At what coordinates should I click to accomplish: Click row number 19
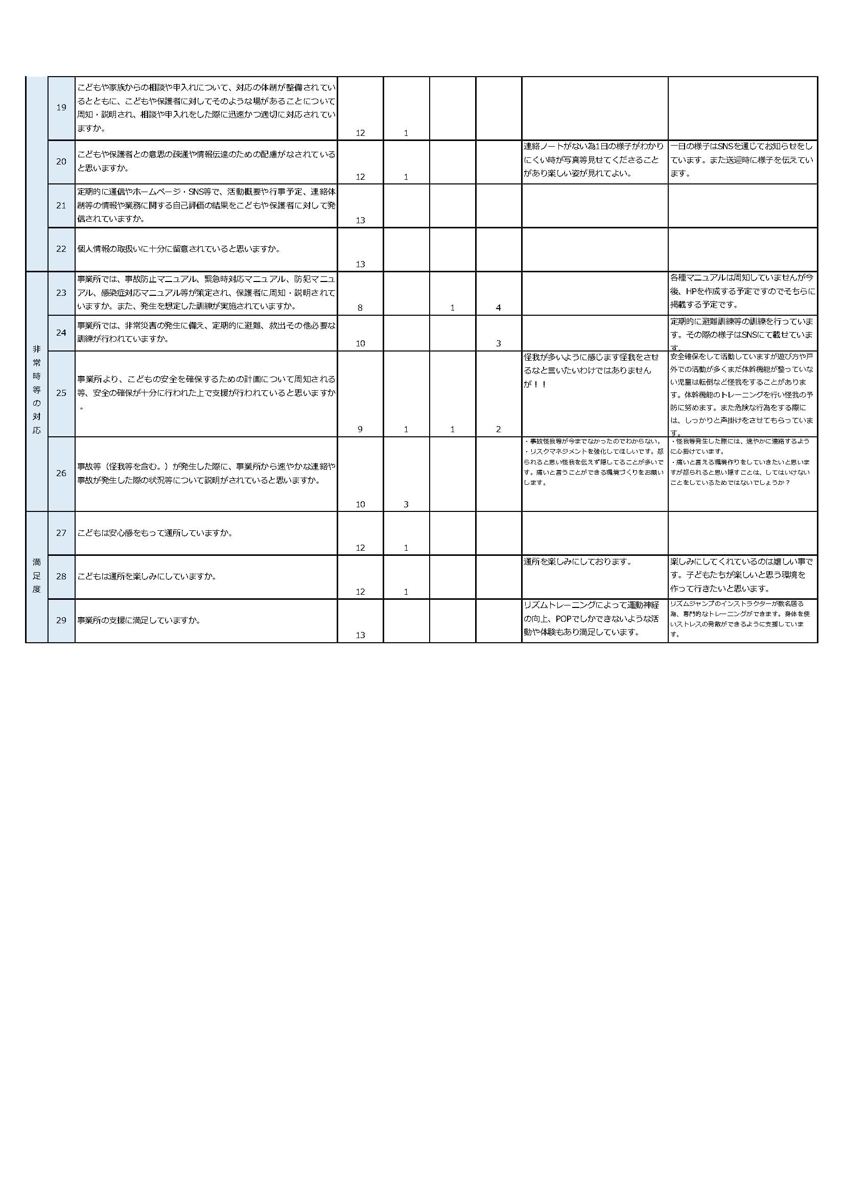click(x=61, y=108)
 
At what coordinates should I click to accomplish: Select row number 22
click(x=61, y=249)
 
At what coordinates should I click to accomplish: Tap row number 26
click(x=61, y=474)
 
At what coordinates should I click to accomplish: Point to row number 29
click(x=61, y=620)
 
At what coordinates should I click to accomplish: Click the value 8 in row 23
click(x=360, y=308)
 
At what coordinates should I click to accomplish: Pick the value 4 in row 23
click(x=498, y=308)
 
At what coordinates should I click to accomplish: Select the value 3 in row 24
click(x=498, y=343)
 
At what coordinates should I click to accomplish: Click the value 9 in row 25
click(x=360, y=429)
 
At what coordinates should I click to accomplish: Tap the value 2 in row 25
click(x=498, y=429)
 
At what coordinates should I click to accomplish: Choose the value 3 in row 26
click(x=406, y=504)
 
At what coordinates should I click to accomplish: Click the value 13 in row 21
click(x=360, y=221)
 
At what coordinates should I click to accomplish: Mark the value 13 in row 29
click(x=360, y=635)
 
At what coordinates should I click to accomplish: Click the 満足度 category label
click(x=36, y=576)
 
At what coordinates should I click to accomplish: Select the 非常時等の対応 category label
click(x=36, y=390)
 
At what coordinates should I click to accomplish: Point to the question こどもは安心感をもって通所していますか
click(x=154, y=533)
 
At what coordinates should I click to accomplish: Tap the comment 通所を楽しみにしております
click(x=578, y=562)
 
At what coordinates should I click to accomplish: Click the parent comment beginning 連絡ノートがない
click(x=594, y=160)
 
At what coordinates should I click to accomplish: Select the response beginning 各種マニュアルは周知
click(x=742, y=291)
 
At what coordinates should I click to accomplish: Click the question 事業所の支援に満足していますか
click(x=139, y=620)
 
